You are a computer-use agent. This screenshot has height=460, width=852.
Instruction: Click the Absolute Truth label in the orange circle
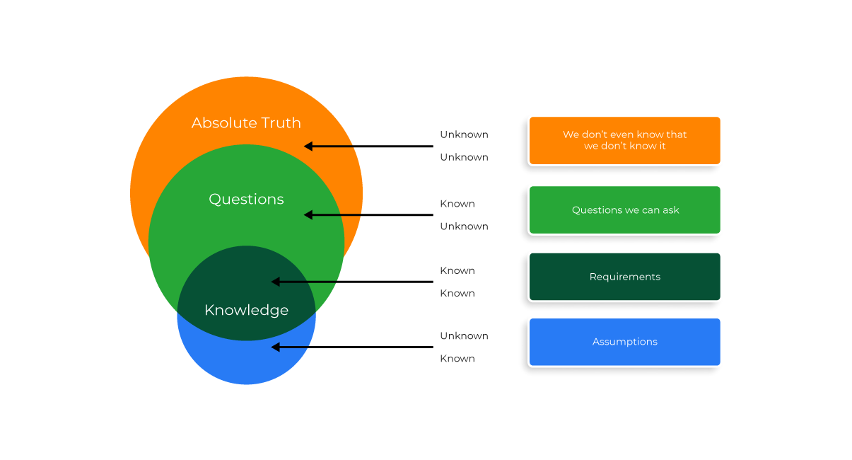[x=246, y=123]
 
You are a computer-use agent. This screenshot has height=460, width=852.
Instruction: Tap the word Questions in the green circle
[x=246, y=200]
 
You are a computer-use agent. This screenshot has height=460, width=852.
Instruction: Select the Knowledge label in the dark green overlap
[x=246, y=310]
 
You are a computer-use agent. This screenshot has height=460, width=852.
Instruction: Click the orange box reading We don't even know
[x=624, y=140]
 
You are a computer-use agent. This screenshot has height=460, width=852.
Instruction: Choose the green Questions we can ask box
[x=624, y=210]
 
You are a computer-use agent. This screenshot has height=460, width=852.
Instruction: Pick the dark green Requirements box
[x=624, y=277]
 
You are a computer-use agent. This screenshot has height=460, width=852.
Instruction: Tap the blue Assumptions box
[x=624, y=342]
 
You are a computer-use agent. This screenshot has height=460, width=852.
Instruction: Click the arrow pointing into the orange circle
[x=368, y=146]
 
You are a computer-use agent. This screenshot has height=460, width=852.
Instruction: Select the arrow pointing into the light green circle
[x=368, y=215]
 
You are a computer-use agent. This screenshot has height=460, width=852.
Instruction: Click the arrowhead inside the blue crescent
[x=276, y=347]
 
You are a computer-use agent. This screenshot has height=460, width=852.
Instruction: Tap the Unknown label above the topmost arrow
[x=464, y=134]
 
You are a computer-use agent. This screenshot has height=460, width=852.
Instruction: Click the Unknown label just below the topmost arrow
[x=464, y=157]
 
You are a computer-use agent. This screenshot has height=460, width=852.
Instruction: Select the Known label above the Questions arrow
[x=457, y=204]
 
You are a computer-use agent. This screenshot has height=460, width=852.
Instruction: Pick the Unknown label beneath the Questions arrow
[x=464, y=226]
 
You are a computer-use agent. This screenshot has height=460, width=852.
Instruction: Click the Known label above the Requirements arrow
[x=457, y=270]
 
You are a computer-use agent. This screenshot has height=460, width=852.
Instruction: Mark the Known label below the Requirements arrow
[x=457, y=293]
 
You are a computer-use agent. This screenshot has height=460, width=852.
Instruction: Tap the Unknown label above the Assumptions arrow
[x=464, y=335]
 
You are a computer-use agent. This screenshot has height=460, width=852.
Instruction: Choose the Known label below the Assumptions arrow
[x=457, y=358]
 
